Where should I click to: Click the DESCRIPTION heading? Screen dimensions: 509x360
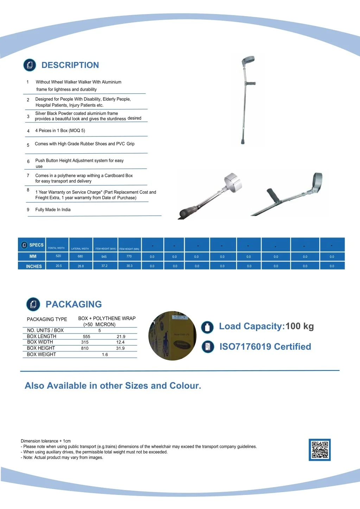(70, 65)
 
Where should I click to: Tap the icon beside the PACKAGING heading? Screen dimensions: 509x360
(33, 304)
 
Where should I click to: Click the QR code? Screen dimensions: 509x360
(320, 450)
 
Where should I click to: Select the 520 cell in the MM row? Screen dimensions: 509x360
(58, 256)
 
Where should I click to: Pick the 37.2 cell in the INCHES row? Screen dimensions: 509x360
(105, 266)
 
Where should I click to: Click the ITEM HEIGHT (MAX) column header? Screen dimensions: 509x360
(106, 248)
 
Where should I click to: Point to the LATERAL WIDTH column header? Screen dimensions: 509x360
(80, 248)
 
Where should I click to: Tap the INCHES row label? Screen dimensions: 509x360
(34, 266)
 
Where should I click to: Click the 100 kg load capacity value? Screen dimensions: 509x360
(299, 326)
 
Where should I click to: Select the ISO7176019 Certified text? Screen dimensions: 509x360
(265, 347)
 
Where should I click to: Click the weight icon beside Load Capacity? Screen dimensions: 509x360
(207, 327)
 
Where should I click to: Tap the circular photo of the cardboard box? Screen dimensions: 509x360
(172, 336)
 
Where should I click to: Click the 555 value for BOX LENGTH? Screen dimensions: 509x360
(87, 337)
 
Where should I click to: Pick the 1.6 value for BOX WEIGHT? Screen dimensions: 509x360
(105, 355)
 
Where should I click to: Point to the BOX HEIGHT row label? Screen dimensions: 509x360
(41, 348)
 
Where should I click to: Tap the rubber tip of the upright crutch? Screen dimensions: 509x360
(242, 141)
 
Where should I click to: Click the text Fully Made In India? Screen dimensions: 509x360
(53, 210)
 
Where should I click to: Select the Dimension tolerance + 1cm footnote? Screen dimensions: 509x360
(46, 441)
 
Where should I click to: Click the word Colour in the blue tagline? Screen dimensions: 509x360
(184, 386)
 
